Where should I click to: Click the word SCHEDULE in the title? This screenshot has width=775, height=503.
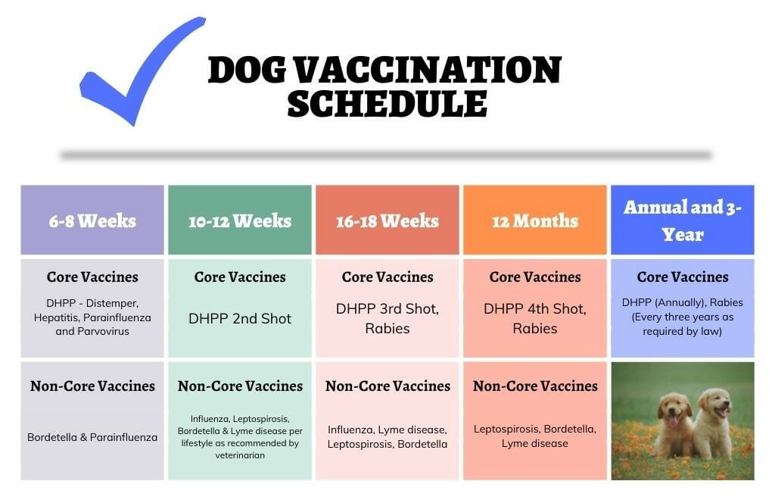pyautogui.click(x=387, y=103)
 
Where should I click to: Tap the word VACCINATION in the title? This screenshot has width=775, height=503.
pyautogui.click(x=428, y=69)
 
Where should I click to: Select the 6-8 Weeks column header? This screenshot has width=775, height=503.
pyautogui.click(x=92, y=220)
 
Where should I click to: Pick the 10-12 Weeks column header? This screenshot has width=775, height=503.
pyautogui.click(x=240, y=220)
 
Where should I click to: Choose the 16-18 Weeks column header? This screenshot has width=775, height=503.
pyautogui.click(x=387, y=220)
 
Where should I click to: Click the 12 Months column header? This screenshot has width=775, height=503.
pyautogui.click(x=535, y=220)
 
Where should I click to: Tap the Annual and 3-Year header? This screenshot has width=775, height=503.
pyautogui.click(x=683, y=220)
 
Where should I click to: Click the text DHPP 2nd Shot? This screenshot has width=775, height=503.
pyautogui.click(x=240, y=318)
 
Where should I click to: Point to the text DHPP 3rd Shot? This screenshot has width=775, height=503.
pyautogui.click(x=387, y=309)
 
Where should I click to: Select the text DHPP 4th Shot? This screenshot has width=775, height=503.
pyautogui.click(x=534, y=309)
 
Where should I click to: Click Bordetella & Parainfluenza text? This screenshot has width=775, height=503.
pyautogui.click(x=92, y=437)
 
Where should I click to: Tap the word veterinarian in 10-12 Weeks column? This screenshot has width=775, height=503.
pyautogui.click(x=240, y=455)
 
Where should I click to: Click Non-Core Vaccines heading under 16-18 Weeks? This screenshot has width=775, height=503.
pyautogui.click(x=387, y=386)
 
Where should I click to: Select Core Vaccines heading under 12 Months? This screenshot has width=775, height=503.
pyautogui.click(x=535, y=277)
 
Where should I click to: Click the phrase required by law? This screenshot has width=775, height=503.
pyautogui.click(x=682, y=331)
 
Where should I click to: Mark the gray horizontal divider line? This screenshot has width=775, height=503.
pyautogui.click(x=385, y=155)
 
